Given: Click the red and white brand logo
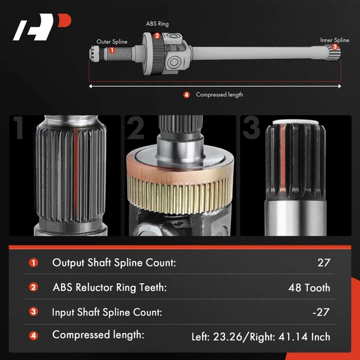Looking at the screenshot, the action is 42,27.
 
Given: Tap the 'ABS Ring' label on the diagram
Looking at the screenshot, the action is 157,23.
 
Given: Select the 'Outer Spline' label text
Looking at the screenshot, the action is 112,42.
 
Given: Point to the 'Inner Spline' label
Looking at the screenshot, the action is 335,40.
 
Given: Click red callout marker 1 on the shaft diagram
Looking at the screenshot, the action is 112,50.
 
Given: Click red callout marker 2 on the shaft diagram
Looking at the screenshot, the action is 157,36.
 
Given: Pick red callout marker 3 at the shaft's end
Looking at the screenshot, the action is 335,47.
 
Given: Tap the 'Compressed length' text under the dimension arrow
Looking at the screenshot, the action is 219,95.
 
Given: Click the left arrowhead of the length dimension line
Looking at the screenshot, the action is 91,86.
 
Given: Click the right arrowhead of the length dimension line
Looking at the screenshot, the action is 340,86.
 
